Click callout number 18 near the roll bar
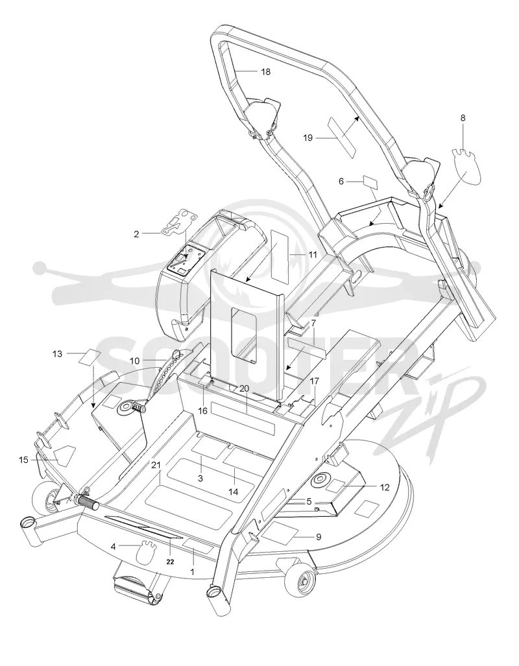point(266,72)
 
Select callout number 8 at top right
point(463,117)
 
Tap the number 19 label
point(308,137)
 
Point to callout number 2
point(136,234)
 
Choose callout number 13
point(57,354)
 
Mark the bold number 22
point(170,562)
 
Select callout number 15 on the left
point(24,460)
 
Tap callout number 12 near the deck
point(385,488)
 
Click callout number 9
point(319,537)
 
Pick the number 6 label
point(341,182)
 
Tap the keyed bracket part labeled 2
point(179,221)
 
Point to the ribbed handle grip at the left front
point(88,503)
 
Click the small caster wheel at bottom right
point(302,578)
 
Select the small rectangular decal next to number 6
point(370,182)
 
